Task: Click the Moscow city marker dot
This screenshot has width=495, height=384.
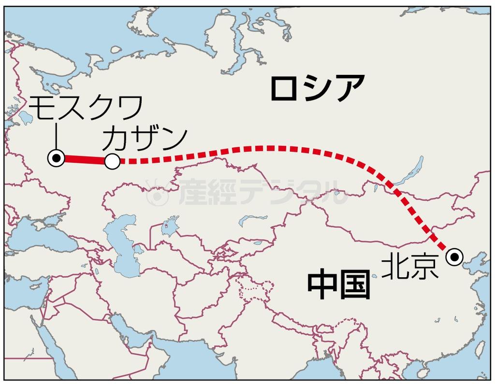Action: (57, 158)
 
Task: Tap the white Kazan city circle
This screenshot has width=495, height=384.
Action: (112, 162)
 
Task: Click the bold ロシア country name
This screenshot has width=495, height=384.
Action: (317, 88)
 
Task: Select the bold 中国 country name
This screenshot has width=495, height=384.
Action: (339, 285)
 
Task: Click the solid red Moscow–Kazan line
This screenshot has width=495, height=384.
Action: (85, 160)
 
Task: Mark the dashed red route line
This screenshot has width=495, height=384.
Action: (271, 148)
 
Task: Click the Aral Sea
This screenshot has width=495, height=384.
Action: (169, 227)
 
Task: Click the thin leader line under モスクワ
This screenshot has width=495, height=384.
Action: (57, 135)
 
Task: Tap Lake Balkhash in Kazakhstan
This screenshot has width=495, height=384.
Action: (251, 220)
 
